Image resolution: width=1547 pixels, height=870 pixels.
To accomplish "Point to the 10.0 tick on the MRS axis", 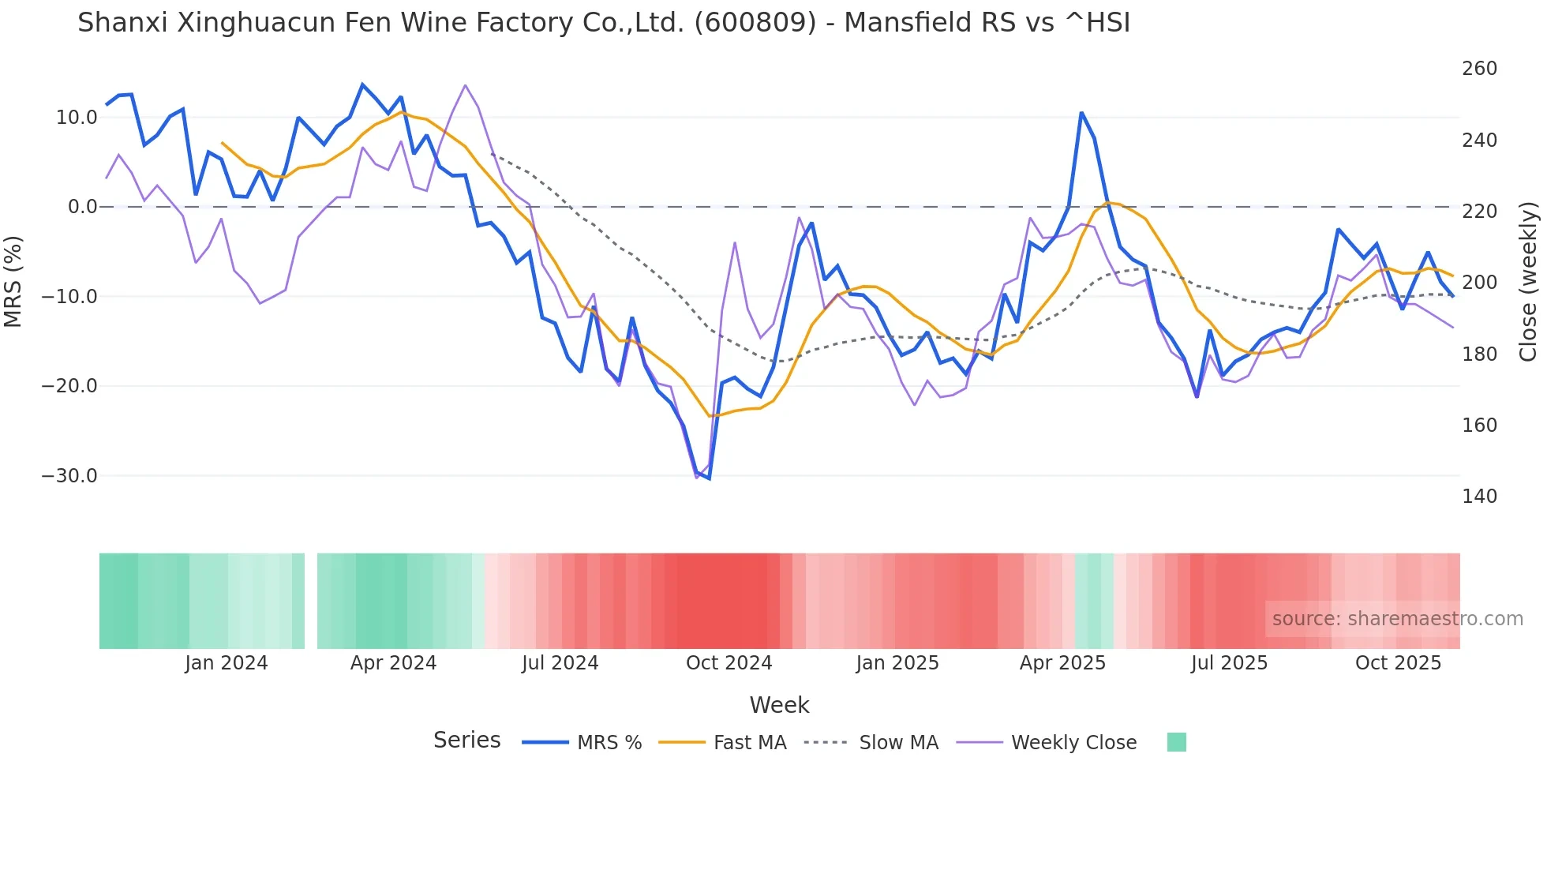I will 77,118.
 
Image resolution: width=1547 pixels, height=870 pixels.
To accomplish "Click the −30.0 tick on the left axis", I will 69,476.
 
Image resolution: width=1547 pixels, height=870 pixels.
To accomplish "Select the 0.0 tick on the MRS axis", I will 82,207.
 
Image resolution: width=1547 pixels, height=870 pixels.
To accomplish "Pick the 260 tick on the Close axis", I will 1479,69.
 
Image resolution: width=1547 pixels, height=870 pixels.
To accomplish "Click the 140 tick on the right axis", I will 1479,497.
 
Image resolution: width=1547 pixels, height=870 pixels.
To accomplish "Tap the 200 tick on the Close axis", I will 1479,283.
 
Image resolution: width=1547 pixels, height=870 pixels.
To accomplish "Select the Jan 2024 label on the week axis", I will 227,663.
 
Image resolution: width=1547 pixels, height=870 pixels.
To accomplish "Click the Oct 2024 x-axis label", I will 729,663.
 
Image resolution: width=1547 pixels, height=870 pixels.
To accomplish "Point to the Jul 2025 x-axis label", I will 1229,663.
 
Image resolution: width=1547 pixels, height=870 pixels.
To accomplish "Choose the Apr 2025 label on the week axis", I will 1062,663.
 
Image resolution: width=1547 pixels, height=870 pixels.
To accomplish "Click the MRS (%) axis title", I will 13,281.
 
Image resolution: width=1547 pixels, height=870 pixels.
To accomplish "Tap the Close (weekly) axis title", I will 1529,281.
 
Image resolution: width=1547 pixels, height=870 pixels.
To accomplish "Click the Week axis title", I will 779,705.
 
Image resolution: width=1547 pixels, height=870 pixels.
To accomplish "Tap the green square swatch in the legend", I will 1176,742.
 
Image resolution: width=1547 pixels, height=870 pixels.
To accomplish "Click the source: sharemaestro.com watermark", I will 1397,619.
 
